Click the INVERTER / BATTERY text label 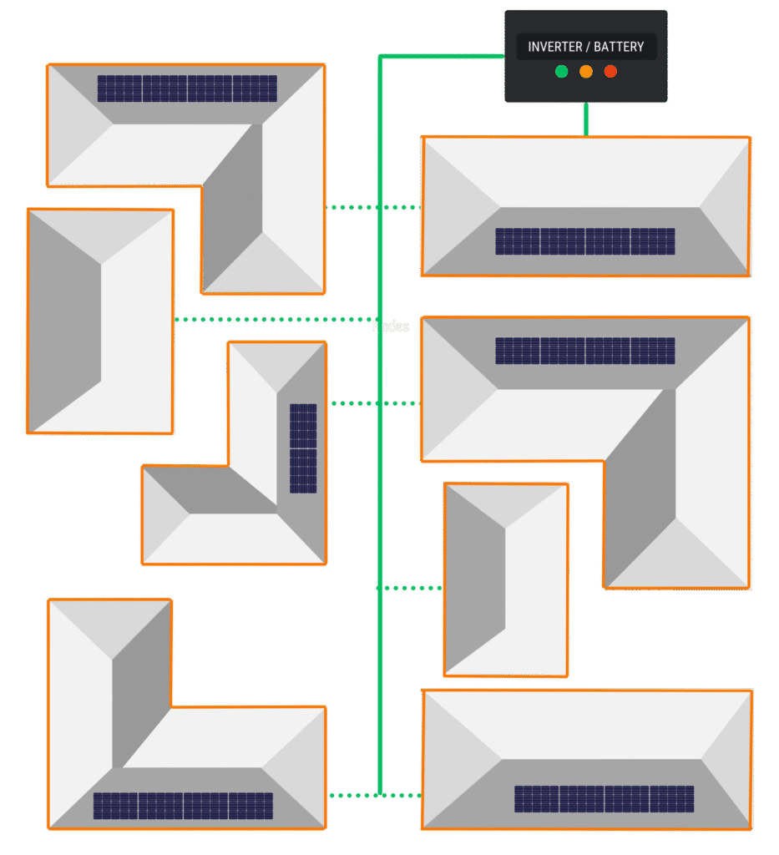click(x=586, y=47)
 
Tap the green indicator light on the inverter click(x=562, y=72)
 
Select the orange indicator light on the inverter click(x=586, y=72)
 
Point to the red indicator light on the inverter click(x=610, y=72)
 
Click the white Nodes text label click(x=391, y=326)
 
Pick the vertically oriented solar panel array click(x=303, y=448)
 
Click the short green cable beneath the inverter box click(x=586, y=119)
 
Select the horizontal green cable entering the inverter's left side click(x=443, y=57)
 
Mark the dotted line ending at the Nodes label click(x=276, y=319)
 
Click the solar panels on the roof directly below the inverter click(x=585, y=241)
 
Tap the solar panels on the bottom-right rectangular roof click(x=604, y=799)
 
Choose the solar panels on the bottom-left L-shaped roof click(x=183, y=806)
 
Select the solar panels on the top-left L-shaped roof click(x=187, y=89)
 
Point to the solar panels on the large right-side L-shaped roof click(x=585, y=351)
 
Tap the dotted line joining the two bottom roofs click(x=374, y=796)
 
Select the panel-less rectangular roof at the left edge click(x=100, y=321)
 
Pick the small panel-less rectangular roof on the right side click(x=506, y=579)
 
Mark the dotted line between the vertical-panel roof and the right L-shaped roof click(x=374, y=403)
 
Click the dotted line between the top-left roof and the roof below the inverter click(x=374, y=207)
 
